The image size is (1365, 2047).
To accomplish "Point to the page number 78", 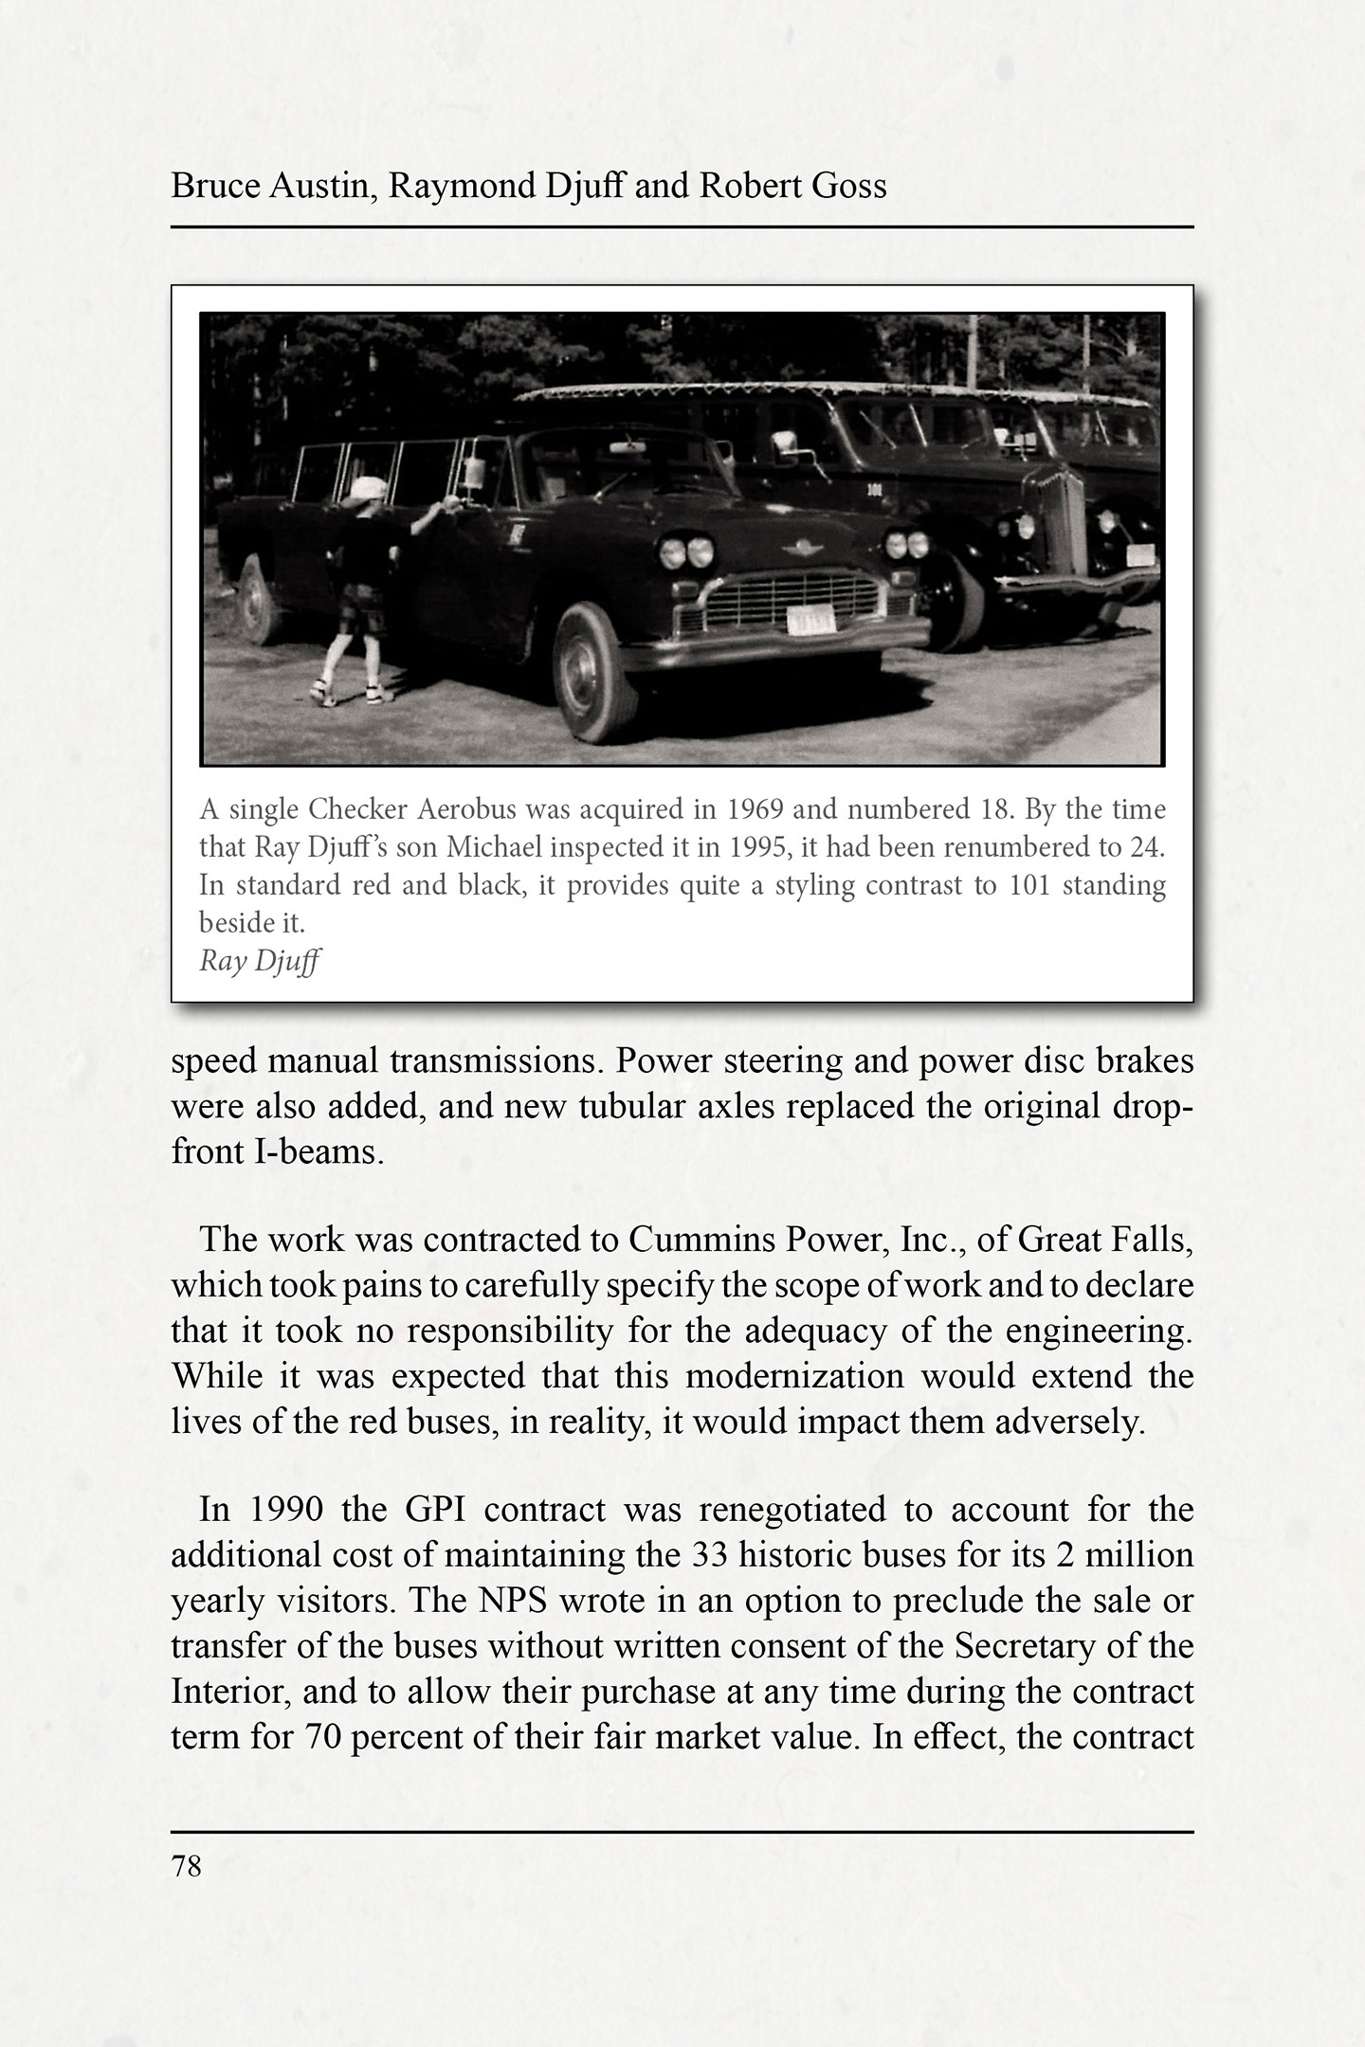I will click(187, 1866).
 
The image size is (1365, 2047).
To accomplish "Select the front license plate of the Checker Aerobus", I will click(811, 621).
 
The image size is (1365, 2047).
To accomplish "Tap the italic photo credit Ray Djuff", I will click(259, 961).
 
